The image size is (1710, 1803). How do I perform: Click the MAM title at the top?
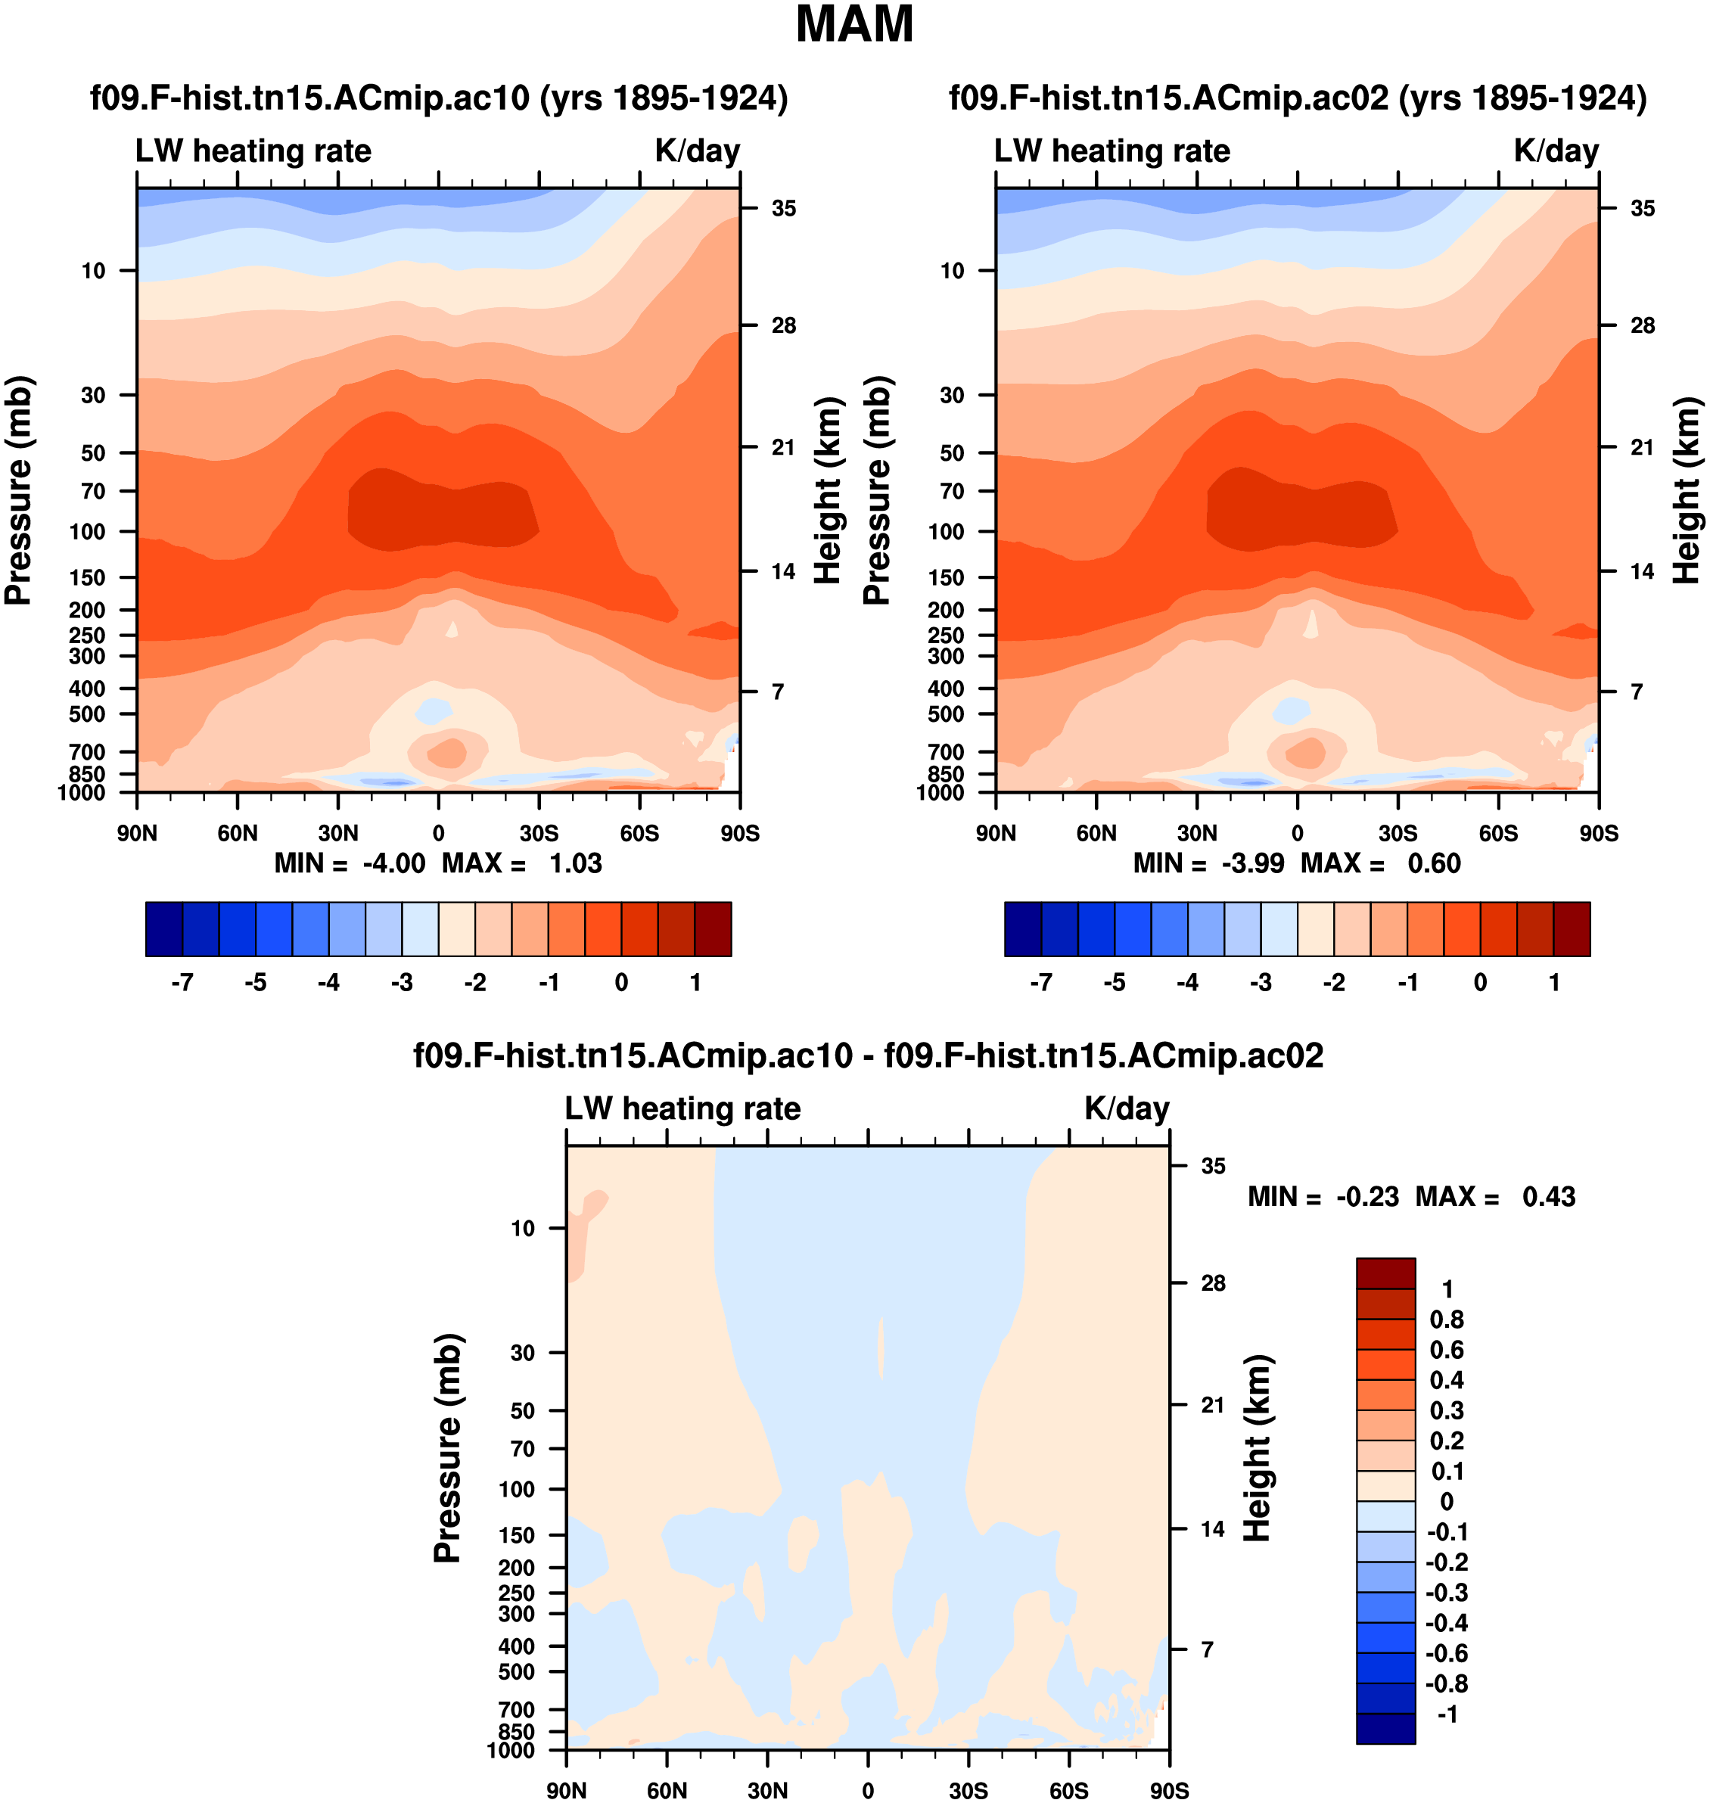[x=854, y=25]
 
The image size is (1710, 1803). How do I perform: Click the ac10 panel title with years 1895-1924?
[x=438, y=98]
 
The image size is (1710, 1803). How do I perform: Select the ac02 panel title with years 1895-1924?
[x=1297, y=98]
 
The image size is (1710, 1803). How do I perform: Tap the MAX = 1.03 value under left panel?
[x=522, y=863]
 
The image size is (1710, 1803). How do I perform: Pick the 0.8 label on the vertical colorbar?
[x=1447, y=1320]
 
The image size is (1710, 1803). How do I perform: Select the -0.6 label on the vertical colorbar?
[x=1447, y=1653]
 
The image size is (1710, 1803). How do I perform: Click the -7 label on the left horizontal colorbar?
[x=182, y=983]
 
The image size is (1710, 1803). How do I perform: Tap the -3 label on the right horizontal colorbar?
[x=1261, y=983]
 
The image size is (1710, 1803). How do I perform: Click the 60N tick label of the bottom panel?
[x=667, y=1790]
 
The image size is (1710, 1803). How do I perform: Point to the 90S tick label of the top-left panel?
[x=739, y=833]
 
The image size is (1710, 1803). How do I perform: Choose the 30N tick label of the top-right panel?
[x=1197, y=833]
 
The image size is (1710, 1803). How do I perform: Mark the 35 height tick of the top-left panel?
[x=783, y=209]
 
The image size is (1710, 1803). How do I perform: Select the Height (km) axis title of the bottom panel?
[x=1257, y=1447]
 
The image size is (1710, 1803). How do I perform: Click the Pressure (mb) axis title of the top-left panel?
[x=18, y=490]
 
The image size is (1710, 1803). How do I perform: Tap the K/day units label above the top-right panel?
[x=1556, y=151]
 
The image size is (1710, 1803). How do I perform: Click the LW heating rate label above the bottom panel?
[x=682, y=1108]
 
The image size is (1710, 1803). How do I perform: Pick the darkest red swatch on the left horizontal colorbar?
[x=713, y=929]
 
